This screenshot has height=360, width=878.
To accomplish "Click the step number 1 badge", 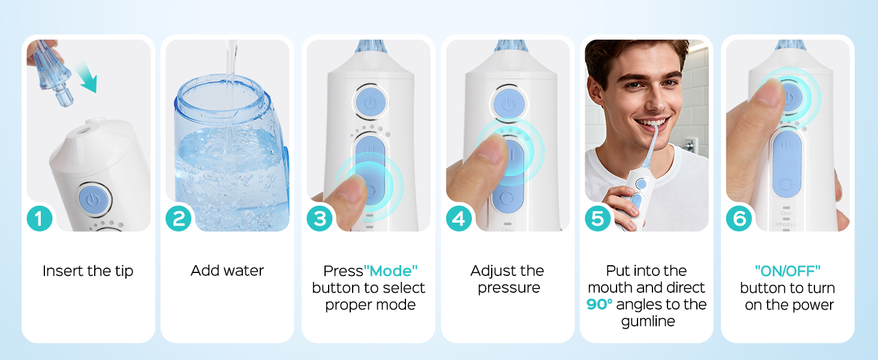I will click(x=40, y=219).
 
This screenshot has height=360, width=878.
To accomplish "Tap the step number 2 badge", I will click(x=179, y=219).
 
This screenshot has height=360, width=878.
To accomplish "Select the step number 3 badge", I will click(x=320, y=219).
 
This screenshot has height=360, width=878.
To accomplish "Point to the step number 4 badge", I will click(x=459, y=219).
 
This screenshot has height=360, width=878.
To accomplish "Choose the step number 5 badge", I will click(x=598, y=219).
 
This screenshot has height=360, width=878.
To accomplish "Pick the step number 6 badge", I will click(x=739, y=219).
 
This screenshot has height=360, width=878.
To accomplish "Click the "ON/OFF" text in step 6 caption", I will click(x=787, y=271).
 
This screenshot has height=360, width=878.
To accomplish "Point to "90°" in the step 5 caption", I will click(x=600, y=305).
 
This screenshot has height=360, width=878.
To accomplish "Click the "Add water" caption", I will click(x=227, y=271).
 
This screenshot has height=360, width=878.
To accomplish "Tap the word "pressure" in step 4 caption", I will click(x=509, y=288).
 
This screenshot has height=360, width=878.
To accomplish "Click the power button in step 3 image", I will click(x=369, y=102).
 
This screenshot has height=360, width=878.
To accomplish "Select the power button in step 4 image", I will click(x=509, y=104).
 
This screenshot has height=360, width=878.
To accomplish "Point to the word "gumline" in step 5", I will click(x=648, y=322).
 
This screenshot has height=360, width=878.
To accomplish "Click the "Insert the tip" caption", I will click(x=88, y=271).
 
